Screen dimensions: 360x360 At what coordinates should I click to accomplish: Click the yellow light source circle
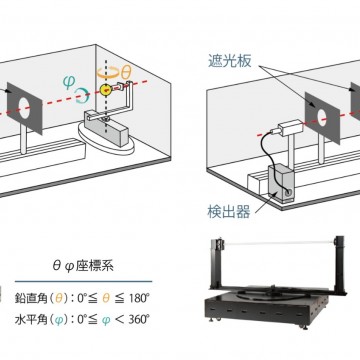coord(104,91)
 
